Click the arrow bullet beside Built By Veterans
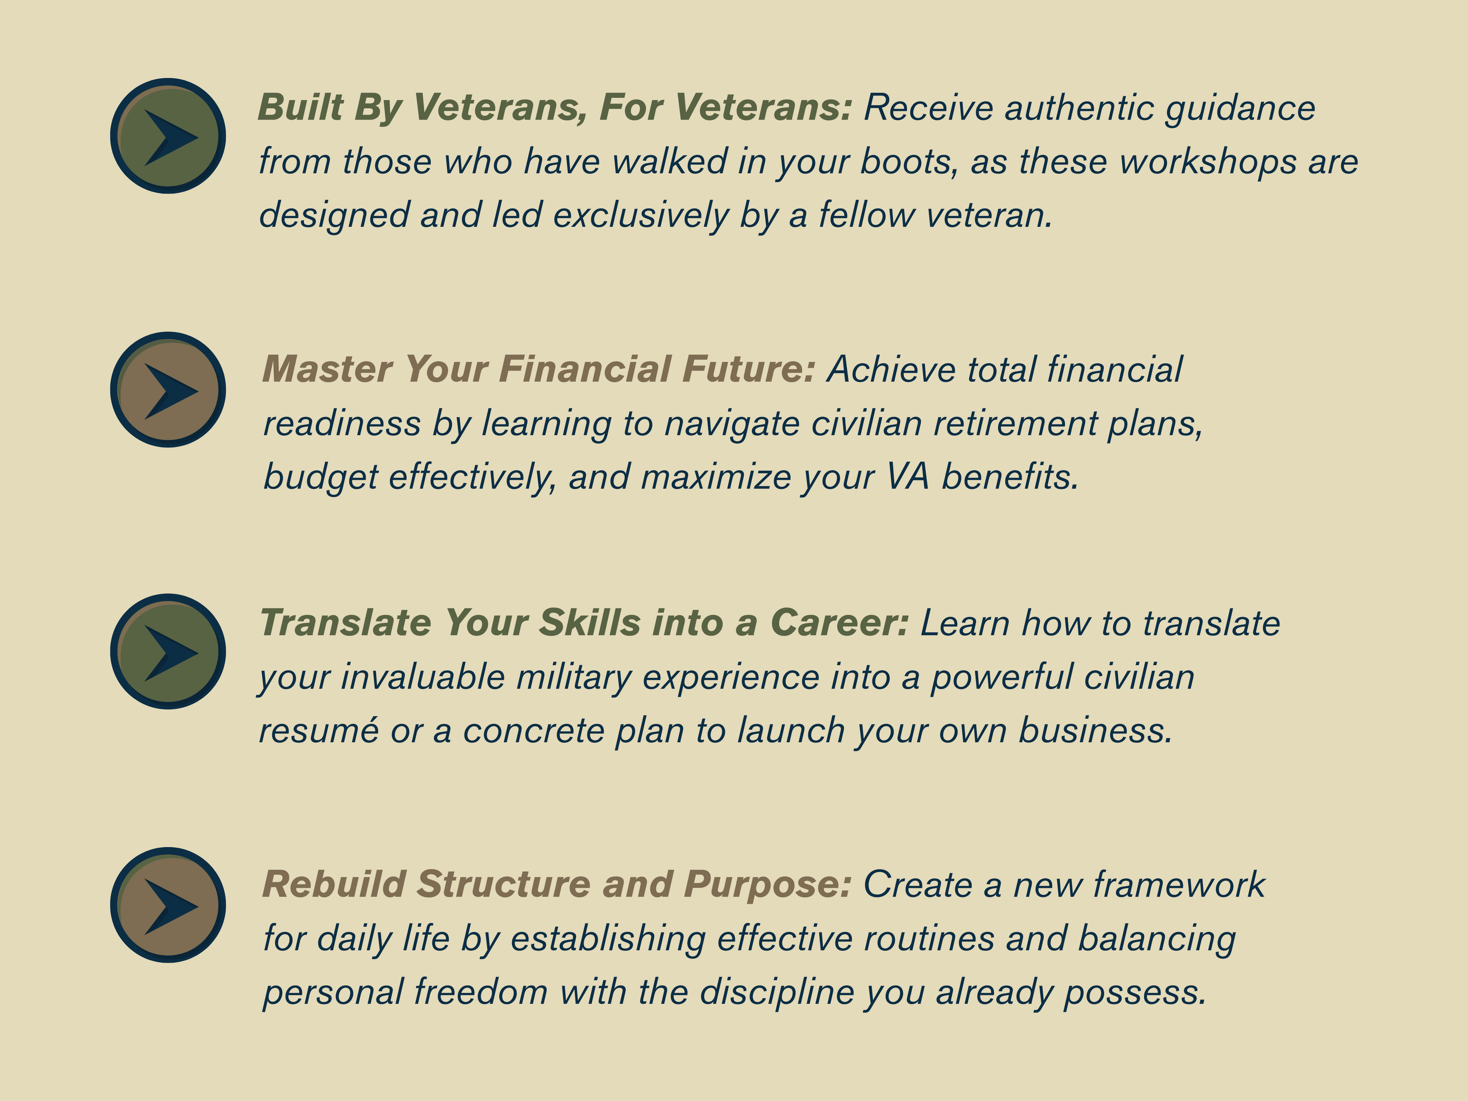click(x=168, y=136)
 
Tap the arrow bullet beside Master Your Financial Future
click(x=168, y=390)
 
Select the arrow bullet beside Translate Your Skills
click(x=168, y=651)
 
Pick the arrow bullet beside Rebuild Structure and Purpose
click(x=168, y=905)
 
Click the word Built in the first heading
click(x=300, y=107)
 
